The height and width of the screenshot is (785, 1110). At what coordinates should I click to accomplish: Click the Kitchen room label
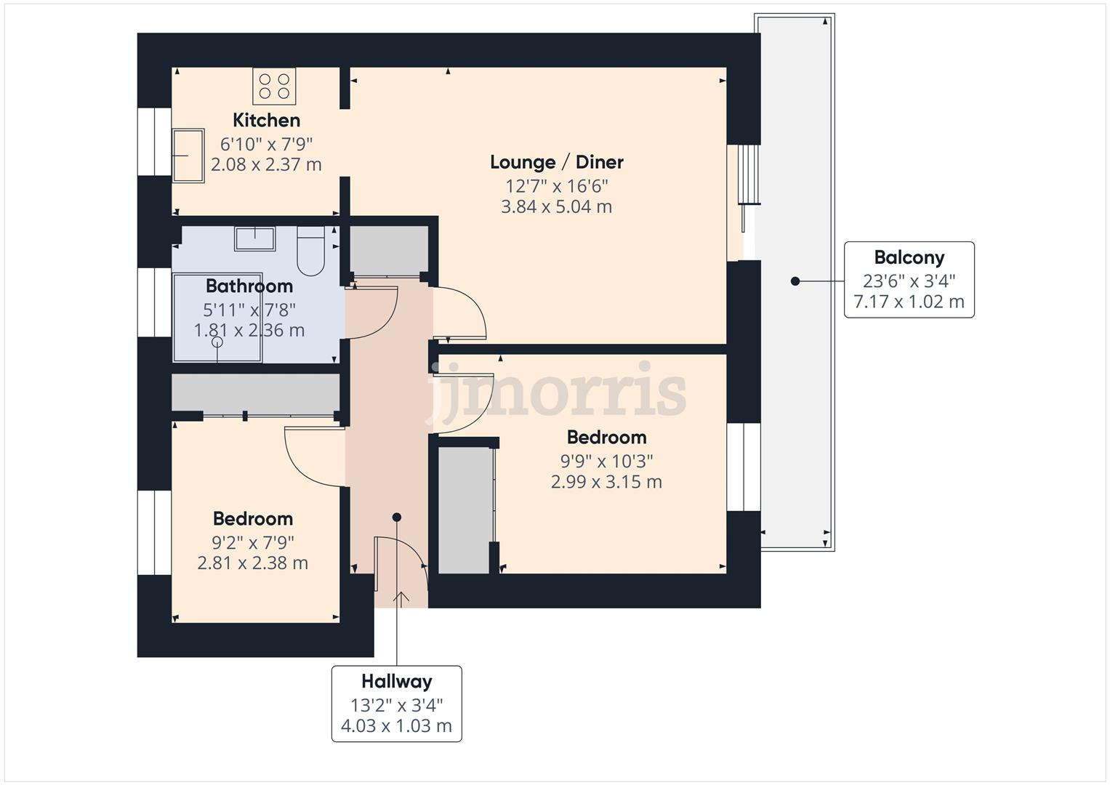coord(266,120)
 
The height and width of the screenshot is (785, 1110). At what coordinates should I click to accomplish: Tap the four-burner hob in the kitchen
coord(274,86)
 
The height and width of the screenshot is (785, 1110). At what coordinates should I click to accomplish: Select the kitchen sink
coord(188,156)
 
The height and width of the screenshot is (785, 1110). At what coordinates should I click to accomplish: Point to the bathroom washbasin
coord(254,238)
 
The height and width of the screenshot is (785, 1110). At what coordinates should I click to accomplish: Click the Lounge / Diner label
coord(556,162)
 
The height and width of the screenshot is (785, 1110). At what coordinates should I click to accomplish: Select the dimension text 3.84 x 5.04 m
coord(556,207)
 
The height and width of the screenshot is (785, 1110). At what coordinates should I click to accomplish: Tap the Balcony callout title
coord(909,257)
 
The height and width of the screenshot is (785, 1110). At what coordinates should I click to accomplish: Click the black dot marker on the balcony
coord(795,281)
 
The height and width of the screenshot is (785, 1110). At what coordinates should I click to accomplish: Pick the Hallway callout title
coord(396,682)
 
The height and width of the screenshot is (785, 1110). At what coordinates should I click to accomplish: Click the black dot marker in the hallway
coord(397,518)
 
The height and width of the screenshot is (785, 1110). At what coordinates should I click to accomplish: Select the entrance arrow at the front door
coord(401,597)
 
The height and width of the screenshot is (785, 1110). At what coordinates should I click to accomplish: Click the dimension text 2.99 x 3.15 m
coord(606,482)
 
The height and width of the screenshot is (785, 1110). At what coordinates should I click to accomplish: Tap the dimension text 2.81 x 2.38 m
coord(252,563)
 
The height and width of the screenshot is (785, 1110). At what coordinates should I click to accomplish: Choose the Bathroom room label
coord(249,286)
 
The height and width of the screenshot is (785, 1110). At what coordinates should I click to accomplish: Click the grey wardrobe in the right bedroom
coord(464,510)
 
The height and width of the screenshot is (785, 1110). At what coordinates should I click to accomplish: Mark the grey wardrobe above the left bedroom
coord(255,393)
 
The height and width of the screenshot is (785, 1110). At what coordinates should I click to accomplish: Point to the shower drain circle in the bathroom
coord(217,342)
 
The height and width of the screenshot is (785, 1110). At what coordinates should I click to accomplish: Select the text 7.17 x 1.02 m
coord(909,302)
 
